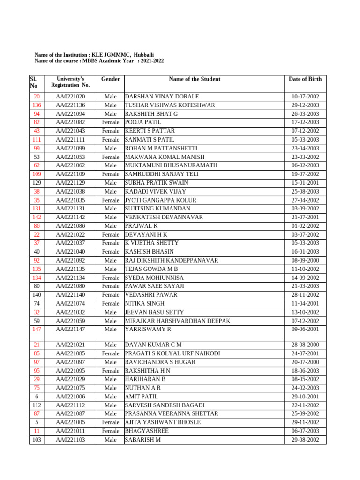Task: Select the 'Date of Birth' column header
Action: (x=305, y=79)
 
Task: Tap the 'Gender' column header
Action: (x=111, y=79)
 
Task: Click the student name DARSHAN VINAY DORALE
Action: (x=162, y=97)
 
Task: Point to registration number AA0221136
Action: (x=70, y=105)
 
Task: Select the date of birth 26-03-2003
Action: (x=305, y=114)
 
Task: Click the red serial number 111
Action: (x=37, y=140)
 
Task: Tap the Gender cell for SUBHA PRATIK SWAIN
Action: (x=111, y=183)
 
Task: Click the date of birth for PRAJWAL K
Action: (x=305, y=226)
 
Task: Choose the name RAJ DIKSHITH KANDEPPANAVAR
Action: (x=172, y=260)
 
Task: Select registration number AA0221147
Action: (x=70, y=330)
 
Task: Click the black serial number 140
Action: (x=37, y=295)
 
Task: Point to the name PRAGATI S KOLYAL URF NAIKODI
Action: (x=172, y=353)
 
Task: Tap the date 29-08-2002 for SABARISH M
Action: (x=305, y=440)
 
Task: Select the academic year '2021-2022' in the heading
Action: (x=152, y=61)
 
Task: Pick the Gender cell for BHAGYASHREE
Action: (x=111, y=431)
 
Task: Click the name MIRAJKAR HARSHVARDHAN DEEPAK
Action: (x=177, y=321)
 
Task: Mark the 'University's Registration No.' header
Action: (x=70, y=82)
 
